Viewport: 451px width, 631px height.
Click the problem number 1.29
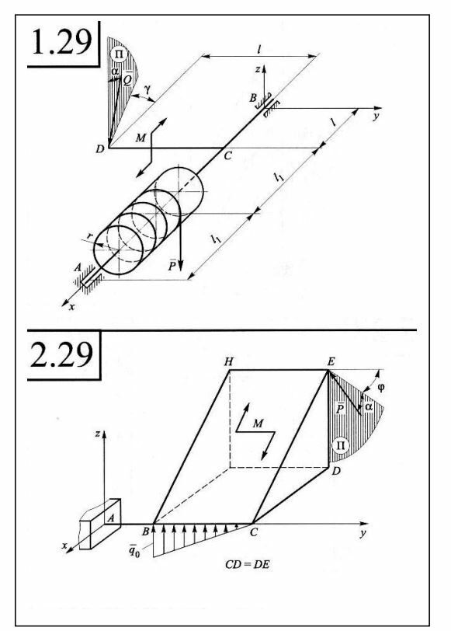(61, 42)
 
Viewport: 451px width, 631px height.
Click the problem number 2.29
(62, 354)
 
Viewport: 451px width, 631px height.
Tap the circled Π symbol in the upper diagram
(119, 54)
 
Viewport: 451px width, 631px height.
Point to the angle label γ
(147, 89)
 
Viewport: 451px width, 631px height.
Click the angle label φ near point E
(381, 388)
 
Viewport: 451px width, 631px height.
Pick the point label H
(228, 362)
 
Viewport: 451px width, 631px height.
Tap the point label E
(331, 361)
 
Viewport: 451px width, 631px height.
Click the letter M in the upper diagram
(141, 138)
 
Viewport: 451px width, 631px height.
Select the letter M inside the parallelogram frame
(258, 424)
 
